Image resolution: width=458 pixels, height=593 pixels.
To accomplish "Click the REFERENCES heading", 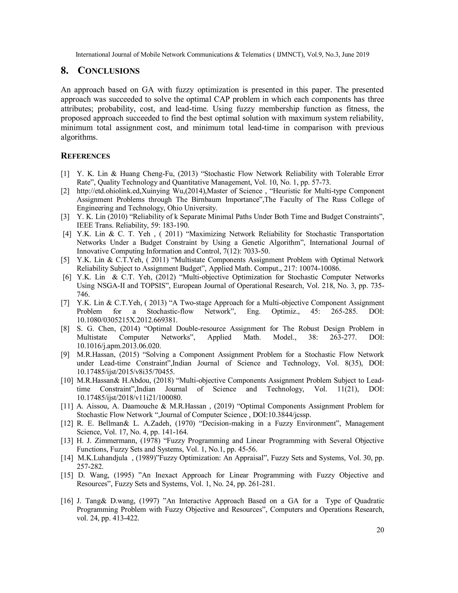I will [85, 156].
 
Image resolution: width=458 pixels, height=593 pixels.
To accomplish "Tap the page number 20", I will [380, 530].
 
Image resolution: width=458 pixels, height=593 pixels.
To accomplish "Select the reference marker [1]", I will [65, 174].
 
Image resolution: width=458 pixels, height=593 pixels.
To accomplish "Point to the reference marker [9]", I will [65, 355].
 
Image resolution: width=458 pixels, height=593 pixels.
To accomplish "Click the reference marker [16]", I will [67, 501].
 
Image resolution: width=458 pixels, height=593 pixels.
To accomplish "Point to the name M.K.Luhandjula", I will [103, 458].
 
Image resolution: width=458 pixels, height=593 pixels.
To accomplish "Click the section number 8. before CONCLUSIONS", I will [64, 71].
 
